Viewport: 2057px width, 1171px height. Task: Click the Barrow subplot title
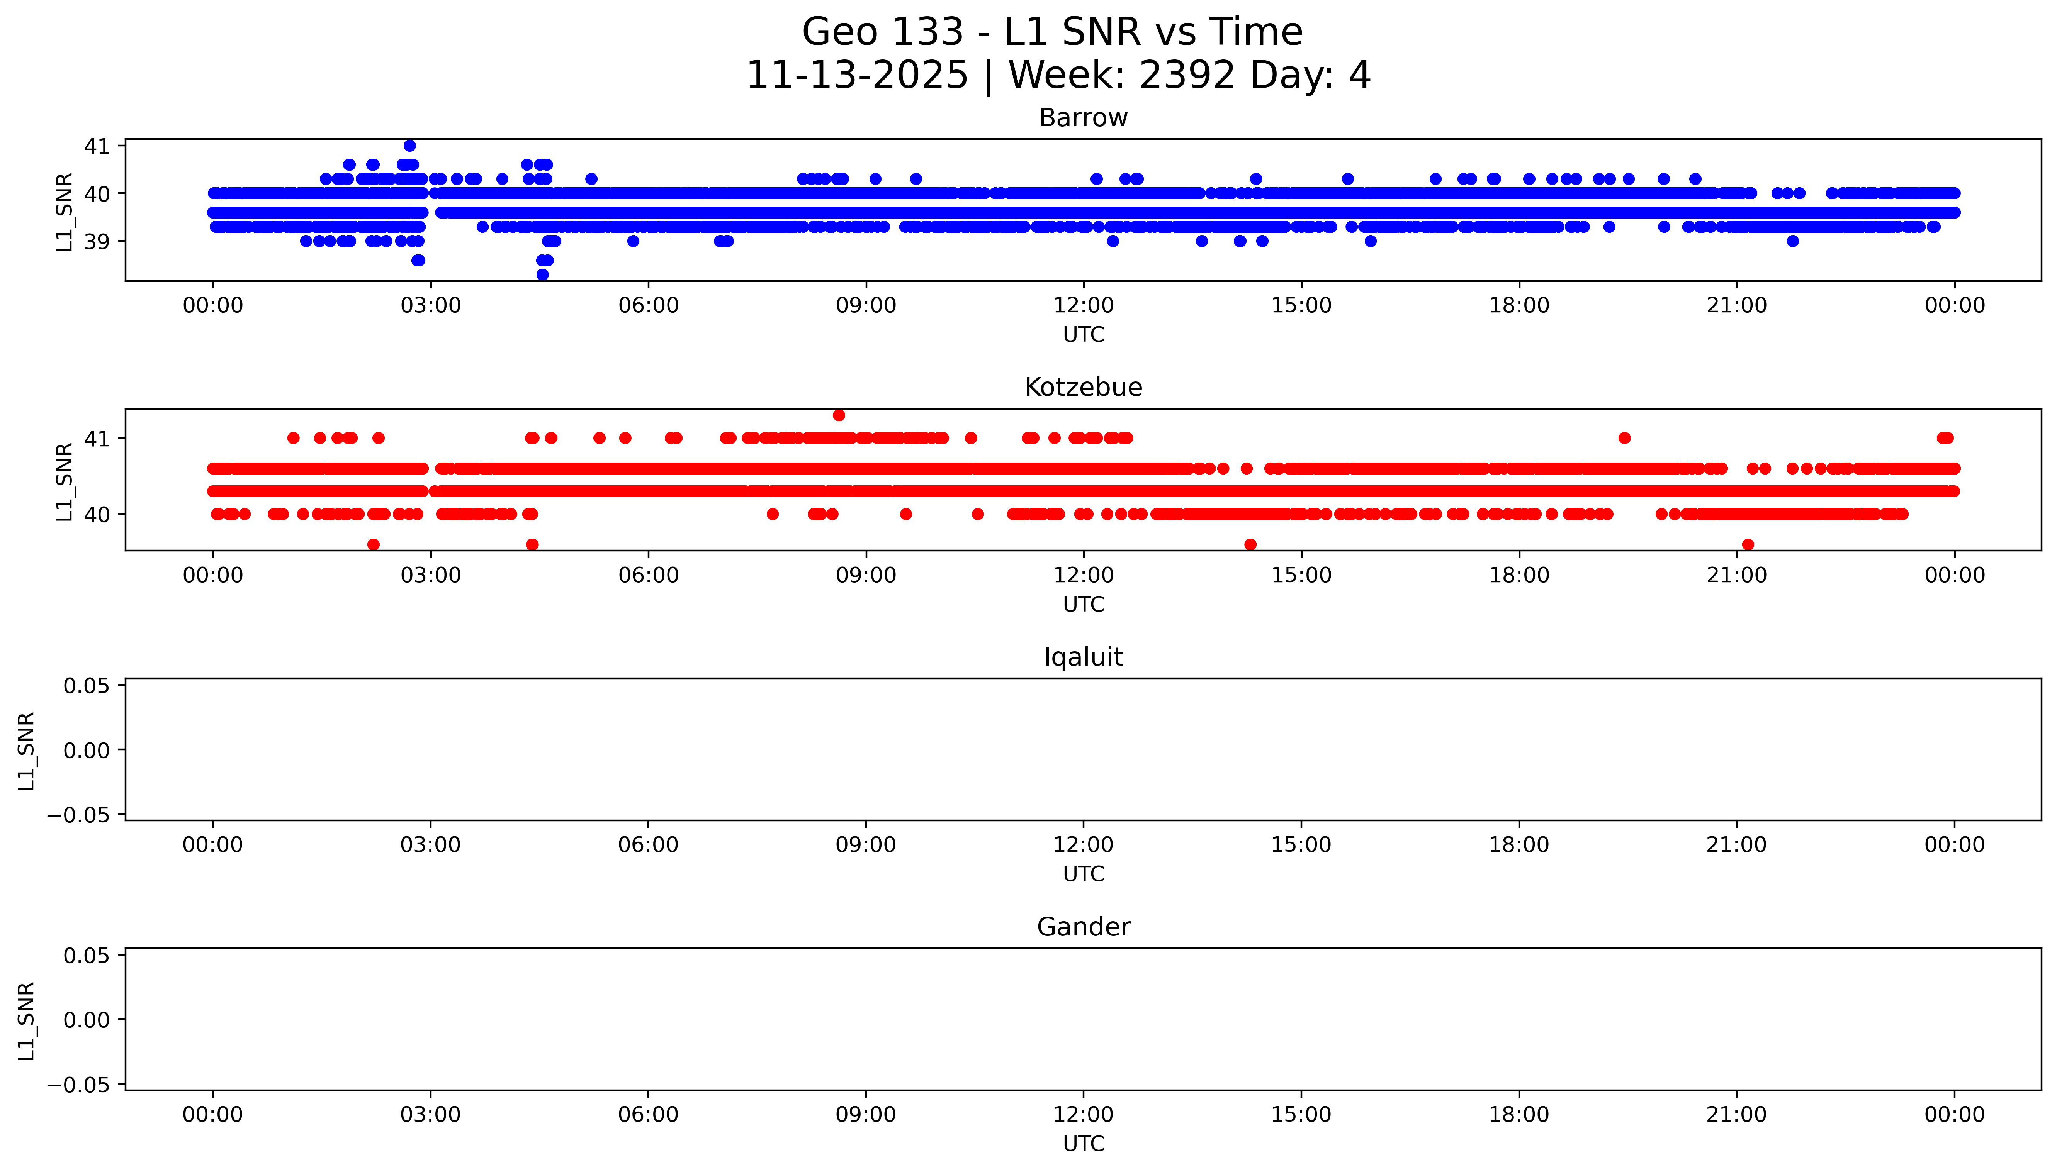click(x=1083, y=118)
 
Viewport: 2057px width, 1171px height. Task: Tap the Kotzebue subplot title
click(x=1083, y=388)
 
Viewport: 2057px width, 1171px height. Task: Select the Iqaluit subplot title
click(x=1083, y=657)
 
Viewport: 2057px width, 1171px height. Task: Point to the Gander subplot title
click(x=1083, y=927)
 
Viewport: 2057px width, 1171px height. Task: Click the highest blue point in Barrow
click(x=409, y=146)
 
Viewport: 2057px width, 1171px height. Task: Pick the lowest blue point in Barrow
click(x=542, y=275)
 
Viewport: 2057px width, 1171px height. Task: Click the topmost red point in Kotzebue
click(x=839, y=415)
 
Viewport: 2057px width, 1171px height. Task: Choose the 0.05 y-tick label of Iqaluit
click(x=87, y=686)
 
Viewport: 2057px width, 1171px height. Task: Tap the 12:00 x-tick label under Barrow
click(x=1084, y=306)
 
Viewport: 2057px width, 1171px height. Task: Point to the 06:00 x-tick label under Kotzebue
click(x=649, y=575)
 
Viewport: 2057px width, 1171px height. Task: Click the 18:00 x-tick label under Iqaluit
click(x=1519, y=844)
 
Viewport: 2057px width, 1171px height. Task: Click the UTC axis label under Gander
click(x=1083, y=1144)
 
